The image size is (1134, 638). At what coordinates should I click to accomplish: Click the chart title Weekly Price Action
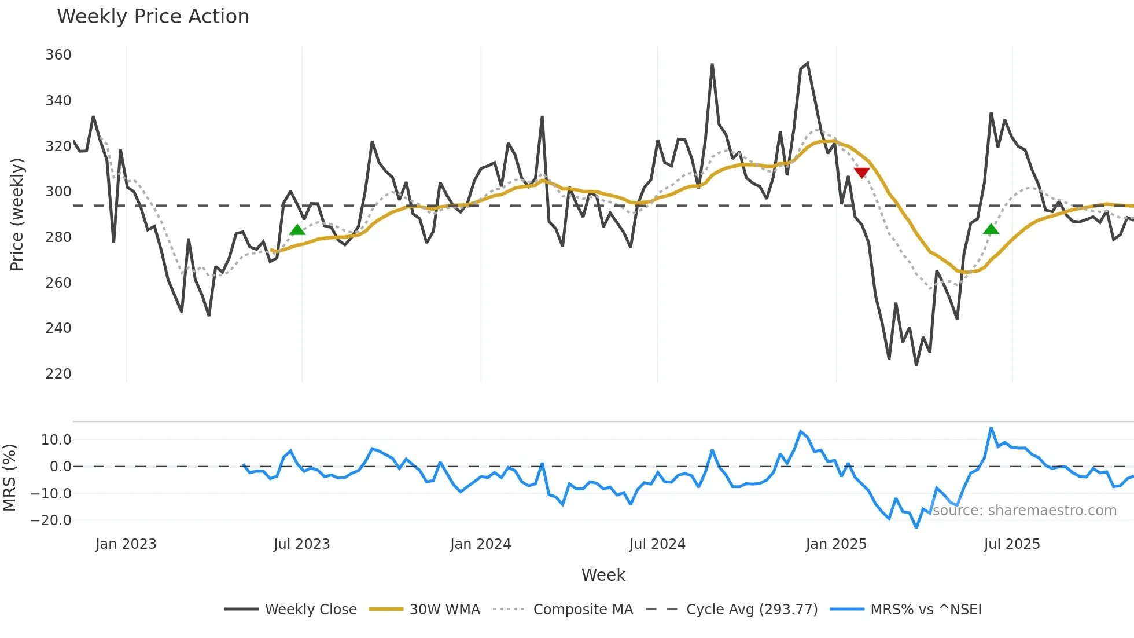153,17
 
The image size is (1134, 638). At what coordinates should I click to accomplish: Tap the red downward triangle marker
861,173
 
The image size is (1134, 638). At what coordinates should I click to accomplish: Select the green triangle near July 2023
297,230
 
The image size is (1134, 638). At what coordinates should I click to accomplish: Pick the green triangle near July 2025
991,229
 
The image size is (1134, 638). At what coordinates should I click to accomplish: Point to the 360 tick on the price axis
58,55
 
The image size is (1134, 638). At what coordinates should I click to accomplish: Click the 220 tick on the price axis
58,374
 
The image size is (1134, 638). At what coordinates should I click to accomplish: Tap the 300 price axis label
58,192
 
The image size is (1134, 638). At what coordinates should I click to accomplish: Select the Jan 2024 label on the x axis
480,544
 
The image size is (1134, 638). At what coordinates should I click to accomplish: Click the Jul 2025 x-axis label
1011,544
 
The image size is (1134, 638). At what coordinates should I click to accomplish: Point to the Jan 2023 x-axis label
126,544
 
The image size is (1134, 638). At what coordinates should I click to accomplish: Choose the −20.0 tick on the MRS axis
51,520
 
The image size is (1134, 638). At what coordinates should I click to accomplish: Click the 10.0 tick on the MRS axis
56,440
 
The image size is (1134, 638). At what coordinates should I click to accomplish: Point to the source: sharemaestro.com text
1024,511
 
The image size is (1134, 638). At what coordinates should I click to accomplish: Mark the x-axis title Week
603,575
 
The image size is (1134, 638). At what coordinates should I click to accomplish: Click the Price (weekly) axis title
17,214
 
